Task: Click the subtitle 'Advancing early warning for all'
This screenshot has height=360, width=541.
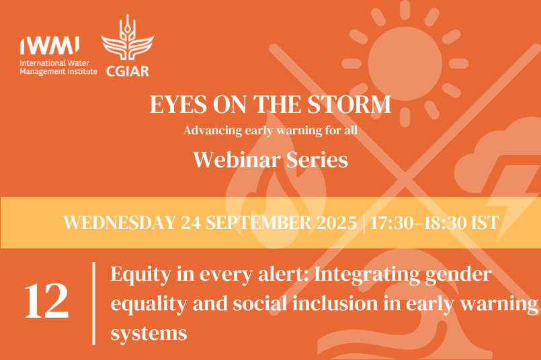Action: (x=270, y=130)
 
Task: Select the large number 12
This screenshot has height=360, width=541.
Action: (x=46, y=302)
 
